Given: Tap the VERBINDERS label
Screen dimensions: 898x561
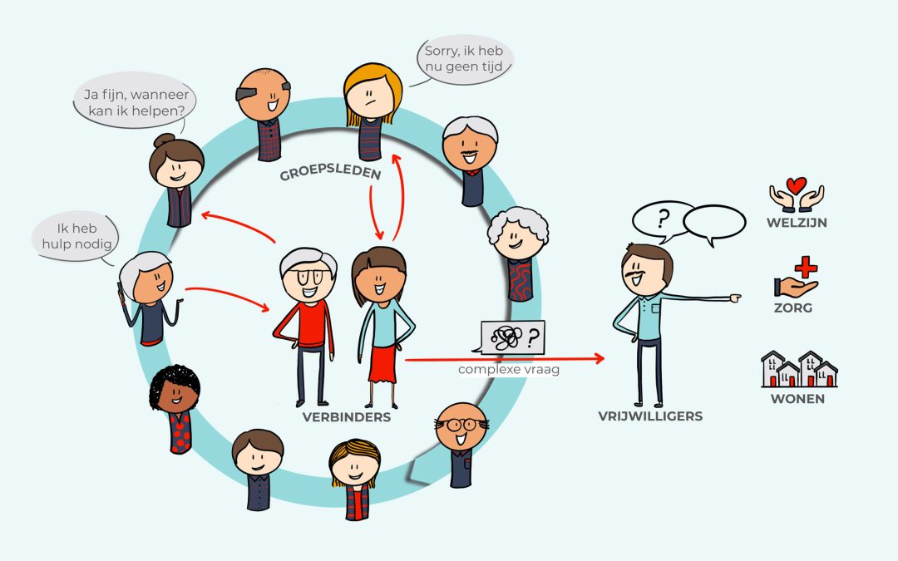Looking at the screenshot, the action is [347, 417].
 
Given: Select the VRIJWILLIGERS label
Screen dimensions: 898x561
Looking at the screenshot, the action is [650, 416].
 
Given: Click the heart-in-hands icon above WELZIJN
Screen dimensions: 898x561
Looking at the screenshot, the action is [796, 194].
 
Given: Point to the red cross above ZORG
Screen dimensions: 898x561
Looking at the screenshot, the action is [806, 267].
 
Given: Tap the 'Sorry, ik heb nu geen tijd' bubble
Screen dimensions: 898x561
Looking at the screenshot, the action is [464, 59].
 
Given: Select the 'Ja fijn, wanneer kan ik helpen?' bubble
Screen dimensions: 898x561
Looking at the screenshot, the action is [136, 101].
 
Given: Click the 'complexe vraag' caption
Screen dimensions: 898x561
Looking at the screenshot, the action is [509, 369].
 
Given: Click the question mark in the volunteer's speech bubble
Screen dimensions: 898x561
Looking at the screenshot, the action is [664, 219].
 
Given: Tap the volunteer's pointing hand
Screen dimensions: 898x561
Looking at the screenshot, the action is [735, 298].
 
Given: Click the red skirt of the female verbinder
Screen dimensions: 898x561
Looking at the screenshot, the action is [382, 363].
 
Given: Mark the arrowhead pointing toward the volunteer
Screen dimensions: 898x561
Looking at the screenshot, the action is [599, 358].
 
